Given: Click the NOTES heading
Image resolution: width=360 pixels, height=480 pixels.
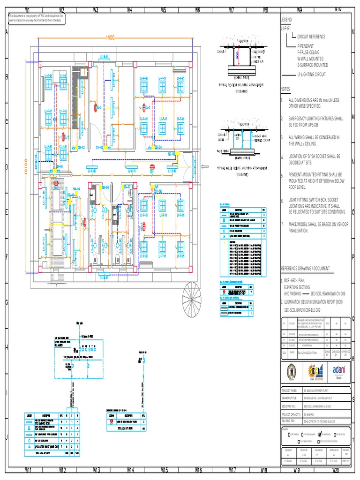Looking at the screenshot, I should click(x=285, y=89).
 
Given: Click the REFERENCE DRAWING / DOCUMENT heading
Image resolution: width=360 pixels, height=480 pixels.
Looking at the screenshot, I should click(x=305, y=268).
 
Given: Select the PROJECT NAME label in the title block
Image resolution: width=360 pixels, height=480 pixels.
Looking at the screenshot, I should click(x=290, y=390).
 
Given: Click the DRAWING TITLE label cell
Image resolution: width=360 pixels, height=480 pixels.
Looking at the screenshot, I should click(x=290, y=398).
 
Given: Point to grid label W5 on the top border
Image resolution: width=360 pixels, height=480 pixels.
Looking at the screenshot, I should click(x=164, y=9).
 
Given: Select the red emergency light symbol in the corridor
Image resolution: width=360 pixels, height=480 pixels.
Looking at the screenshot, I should click(x=151, y=167).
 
